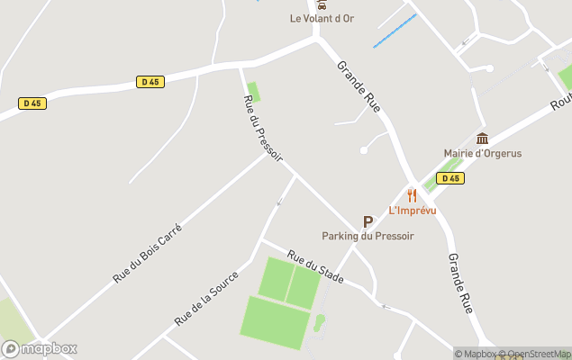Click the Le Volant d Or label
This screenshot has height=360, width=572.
point(322,18)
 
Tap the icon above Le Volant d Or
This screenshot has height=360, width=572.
point(322,4)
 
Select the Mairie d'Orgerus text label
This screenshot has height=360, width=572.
point(482,153)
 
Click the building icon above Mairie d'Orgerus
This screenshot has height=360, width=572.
point(482,138)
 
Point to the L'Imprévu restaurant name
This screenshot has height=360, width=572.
point(413,211)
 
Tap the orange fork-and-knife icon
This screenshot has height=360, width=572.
point(413,195)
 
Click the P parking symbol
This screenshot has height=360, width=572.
point(368,221)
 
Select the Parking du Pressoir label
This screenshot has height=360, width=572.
point(368,236)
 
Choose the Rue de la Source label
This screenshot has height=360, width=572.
point(206,298)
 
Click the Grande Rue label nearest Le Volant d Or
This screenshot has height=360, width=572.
point(359,87)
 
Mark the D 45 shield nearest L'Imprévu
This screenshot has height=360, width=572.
point(449,178)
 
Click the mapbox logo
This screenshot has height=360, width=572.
point(40,348)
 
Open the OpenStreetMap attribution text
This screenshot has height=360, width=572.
point(537,354)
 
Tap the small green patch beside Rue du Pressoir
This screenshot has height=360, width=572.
point(253,92)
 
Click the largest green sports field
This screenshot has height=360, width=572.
point(274,322)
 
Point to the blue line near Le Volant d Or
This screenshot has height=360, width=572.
point(395,31)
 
